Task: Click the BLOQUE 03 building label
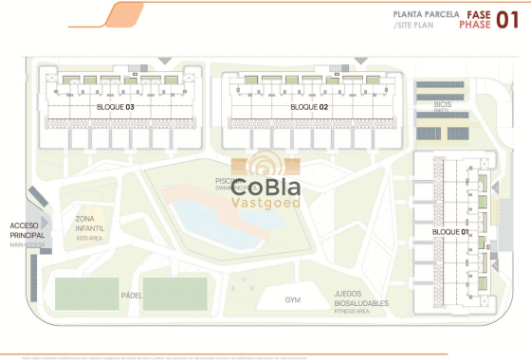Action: (x=117, y=107)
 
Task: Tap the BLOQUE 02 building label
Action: (x=310, y=107)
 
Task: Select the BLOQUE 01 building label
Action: (x=451, y=231)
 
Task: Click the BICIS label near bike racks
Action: (x=440, y=104)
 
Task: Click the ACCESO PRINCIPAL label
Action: (x=27, y=229)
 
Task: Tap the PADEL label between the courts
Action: (x=132, y=296)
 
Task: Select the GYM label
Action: (x=293, y=300)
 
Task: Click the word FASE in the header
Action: (x=477, y=14)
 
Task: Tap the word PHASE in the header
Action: (x=475, y=26)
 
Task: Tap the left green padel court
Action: (x=86, y=293)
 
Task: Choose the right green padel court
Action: (x=174, y=293)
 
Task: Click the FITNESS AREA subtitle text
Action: (x=352, y=311)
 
